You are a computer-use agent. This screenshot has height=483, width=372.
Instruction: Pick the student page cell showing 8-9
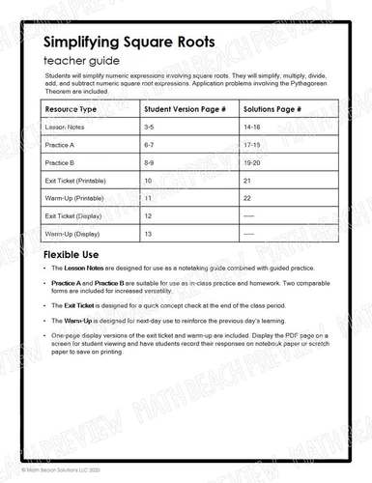(x=150, y=162)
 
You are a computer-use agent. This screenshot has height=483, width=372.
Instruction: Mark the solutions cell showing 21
(x=247, y=181)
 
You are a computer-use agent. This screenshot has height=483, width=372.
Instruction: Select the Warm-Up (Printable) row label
(x=76, y=198)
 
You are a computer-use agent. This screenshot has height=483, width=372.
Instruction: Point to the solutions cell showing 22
(x=247, y=198)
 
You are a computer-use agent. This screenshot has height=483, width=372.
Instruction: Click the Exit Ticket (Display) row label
(x=73, y=216)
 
